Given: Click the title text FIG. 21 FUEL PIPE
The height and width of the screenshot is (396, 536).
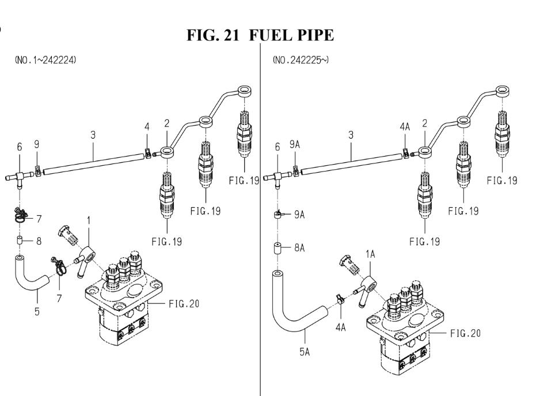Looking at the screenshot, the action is [260, 35].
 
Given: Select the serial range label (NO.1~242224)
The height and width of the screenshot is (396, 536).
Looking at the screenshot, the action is [45, 60].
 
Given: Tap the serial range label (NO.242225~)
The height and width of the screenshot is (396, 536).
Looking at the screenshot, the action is [301, 60].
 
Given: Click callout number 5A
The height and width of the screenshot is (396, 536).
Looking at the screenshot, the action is [305, 352].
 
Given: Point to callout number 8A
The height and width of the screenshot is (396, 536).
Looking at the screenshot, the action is [299, 247].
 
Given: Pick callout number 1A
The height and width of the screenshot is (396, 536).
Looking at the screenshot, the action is [370, 254].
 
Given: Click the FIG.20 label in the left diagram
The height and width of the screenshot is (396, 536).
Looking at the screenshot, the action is [184, 303].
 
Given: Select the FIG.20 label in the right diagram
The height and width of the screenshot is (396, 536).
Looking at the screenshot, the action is [465, 333].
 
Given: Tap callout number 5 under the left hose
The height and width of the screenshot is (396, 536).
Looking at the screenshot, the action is [37, 311].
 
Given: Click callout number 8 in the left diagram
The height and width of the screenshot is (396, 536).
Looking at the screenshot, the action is [39, 241].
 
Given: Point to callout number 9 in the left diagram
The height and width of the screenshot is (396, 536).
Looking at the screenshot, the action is [37, 144].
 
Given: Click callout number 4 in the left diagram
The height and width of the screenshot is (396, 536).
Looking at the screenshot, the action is [147, 127].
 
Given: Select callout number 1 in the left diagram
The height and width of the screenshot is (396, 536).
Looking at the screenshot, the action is [89, 220].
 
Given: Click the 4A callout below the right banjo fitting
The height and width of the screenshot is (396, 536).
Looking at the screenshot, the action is [341, 328].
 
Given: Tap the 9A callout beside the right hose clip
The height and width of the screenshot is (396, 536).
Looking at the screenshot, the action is [299, 214].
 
